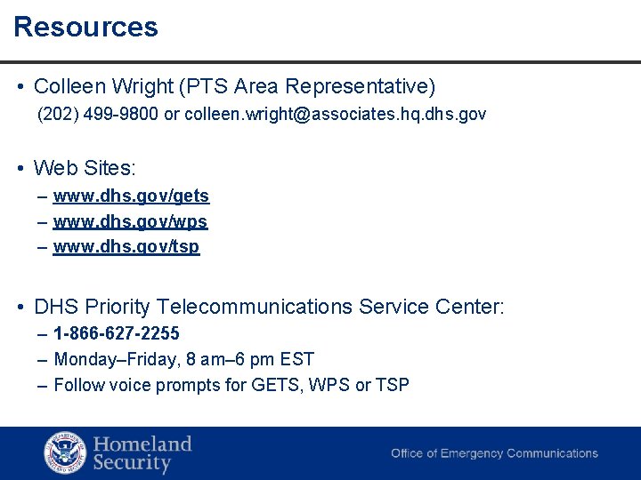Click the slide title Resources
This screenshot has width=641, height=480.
coord(85,27)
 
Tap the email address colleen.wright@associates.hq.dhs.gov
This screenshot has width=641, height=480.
coord(335,115)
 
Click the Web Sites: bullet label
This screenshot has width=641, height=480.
coord(85,167)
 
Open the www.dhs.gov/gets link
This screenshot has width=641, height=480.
coord(131,196)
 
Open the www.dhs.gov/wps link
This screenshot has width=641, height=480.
coord(130,221)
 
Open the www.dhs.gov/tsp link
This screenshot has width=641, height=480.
coord(126,246)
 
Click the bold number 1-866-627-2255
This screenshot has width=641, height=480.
coord(117,333)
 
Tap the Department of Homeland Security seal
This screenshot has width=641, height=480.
coord(66,452)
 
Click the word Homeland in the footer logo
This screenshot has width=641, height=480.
coord(142,444)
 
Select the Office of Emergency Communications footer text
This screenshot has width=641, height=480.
coord(494,453)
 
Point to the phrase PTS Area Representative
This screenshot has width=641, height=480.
coord(308,87)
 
